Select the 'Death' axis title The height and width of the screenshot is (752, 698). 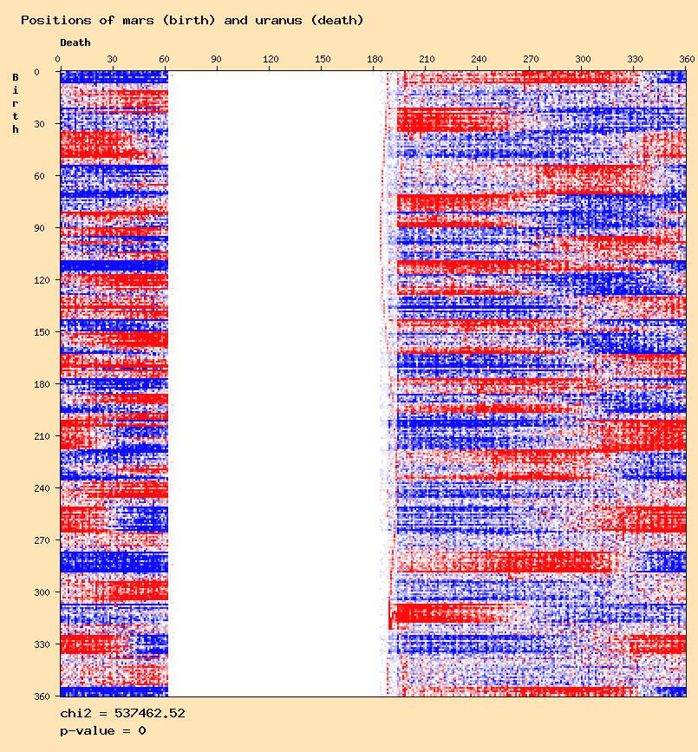75,43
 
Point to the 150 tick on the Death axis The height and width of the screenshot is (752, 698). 323,59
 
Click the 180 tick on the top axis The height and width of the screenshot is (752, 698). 375,59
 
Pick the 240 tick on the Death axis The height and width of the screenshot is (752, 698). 479,59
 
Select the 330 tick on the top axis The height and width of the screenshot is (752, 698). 636,59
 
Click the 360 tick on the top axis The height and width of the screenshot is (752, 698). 688,59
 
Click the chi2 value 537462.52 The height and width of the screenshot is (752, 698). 147,714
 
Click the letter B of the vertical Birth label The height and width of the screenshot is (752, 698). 16,77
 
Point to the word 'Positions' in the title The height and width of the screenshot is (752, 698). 52,20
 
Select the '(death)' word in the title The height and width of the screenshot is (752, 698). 339,20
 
